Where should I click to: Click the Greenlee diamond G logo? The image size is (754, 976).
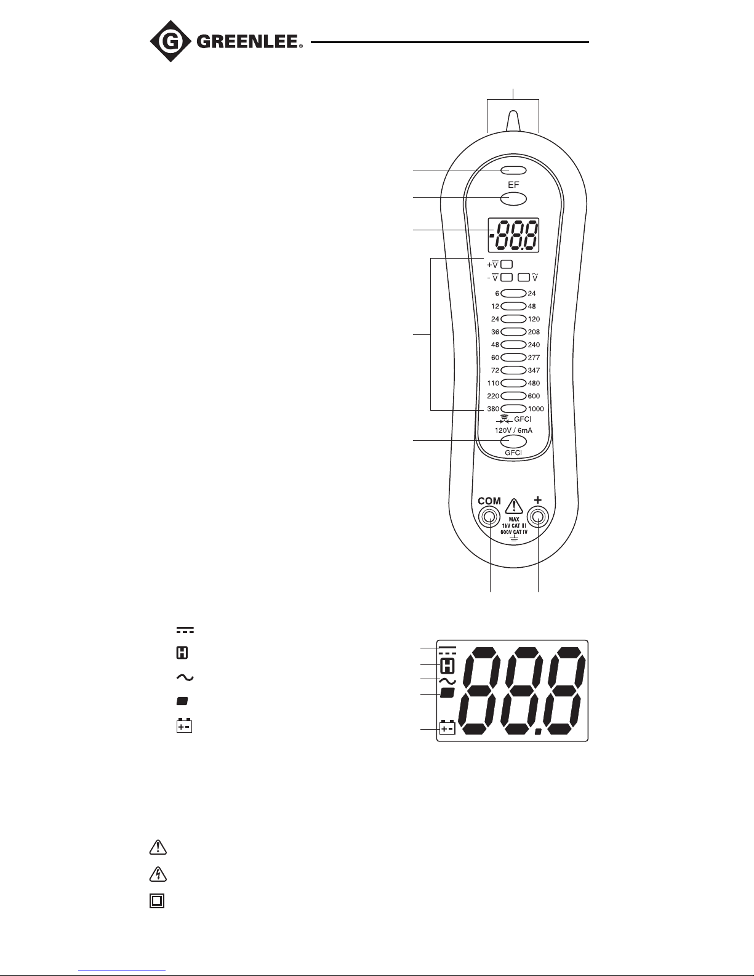pyautogui.click(x=170, y=41)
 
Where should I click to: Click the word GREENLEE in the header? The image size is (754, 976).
pyautogui.click(x=247, y=42)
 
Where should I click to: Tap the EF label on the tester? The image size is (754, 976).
pyautogui.click(x=513, y=185)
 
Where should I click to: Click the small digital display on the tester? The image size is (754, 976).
pyautogui.click(x=513, y=235)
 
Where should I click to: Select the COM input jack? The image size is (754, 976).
pyautogui.click(x=489, y=518)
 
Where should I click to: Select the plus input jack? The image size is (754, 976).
pyautogui.click(x=538, y=518)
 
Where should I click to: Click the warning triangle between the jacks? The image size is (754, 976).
pyautogui.click(x=514, y=506)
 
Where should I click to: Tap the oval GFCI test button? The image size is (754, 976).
pyautogui.click(x=513, y=442)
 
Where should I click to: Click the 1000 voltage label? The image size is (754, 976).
pyautogui.click(x=536, y=409)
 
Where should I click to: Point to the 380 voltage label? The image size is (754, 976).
pyautogui.click(x=493, y=409)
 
